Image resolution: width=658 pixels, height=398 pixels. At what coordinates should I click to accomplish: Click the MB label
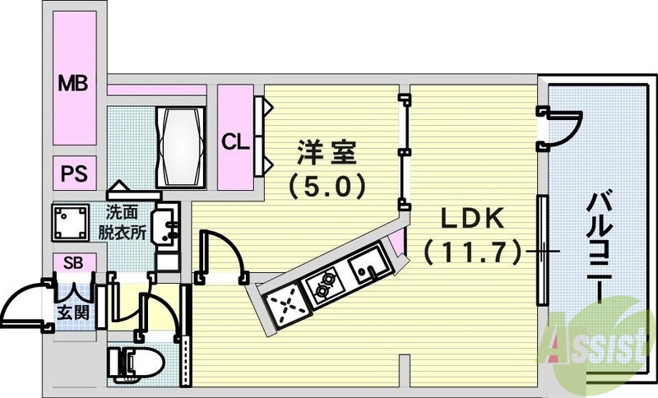coord(73,83)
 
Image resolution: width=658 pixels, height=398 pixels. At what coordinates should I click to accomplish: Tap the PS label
coord(73,174)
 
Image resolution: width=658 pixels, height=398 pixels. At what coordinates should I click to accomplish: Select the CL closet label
coord(234,141)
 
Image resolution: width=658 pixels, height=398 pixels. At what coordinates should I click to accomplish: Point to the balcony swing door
coord(561,128)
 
